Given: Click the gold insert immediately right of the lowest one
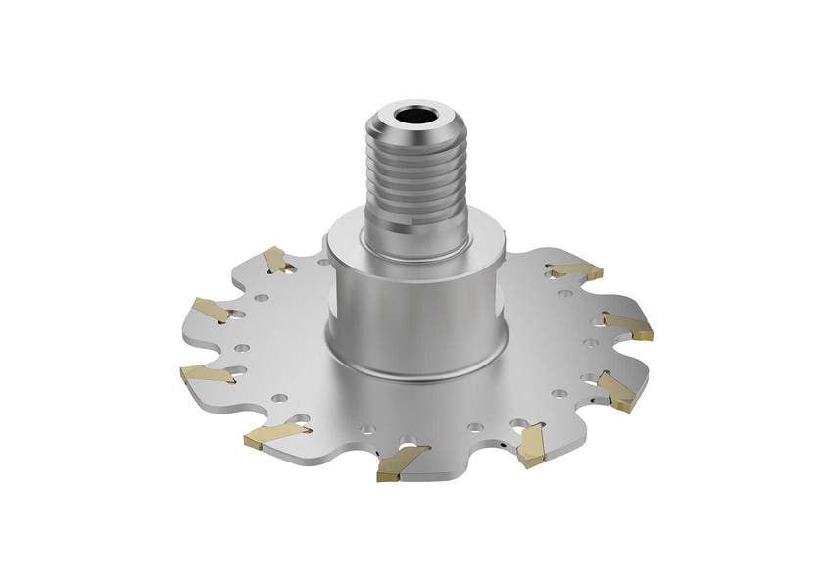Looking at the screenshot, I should pyautogui.click(x=532, y=444).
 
